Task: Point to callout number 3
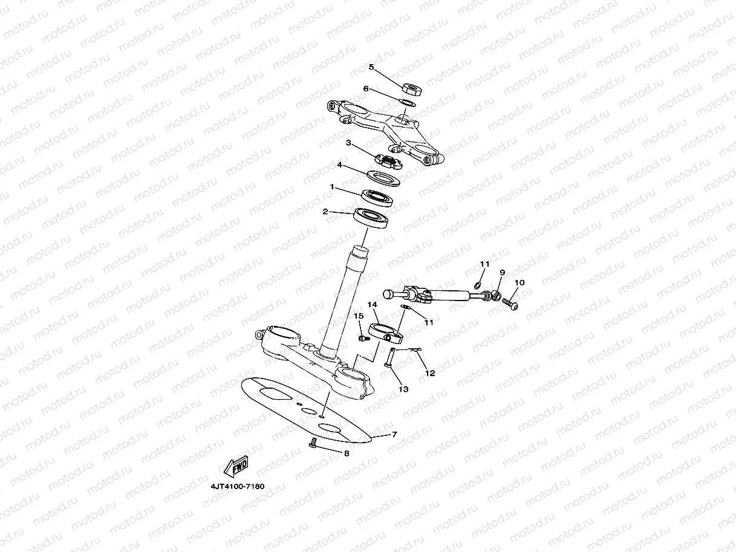(348, 143)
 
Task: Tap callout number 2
(325, 212)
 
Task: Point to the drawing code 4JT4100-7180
(238, 486)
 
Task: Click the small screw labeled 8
(313, 444)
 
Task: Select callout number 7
(394, 434)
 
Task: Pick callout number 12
(430, 373)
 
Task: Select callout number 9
(501, 273)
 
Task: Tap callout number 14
(372, 305)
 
